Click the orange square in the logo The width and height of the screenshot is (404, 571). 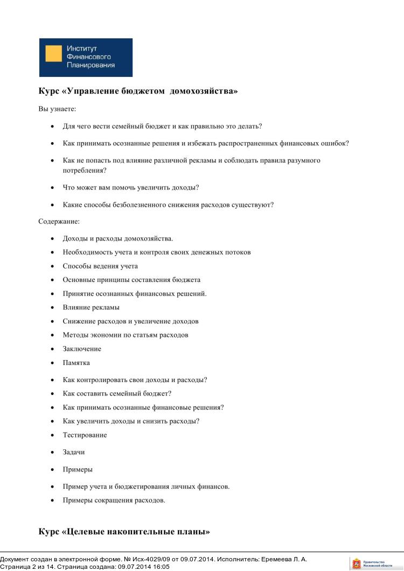click(x=53, y=54)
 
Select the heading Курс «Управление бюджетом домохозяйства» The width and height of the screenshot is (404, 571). click(x=138, y=91)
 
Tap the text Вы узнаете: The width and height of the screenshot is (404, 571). click(x=57, y=109)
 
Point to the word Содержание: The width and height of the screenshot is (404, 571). click(x=59, y=221)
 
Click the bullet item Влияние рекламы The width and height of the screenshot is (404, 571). click(x=91, y=307)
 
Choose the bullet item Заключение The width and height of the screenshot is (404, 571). click(x=82, y=349)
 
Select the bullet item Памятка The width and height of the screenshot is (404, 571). click(x=76, y=363)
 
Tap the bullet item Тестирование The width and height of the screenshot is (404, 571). click(x=85, y=435)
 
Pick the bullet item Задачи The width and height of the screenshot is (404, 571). click(x=74, y=452)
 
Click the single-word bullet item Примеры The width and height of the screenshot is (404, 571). click(x=78, y=469)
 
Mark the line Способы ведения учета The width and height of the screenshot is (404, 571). click(x=100, y=266)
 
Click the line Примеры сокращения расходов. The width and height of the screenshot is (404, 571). click(x=114, y=500)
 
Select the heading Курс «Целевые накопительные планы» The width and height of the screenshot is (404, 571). click(x=124, y=532)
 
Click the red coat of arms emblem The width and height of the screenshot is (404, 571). click(x=356, y=563)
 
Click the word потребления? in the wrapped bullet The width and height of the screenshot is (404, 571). click(x=84, y=170)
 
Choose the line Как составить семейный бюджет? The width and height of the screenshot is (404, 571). click(x=117, y=393)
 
